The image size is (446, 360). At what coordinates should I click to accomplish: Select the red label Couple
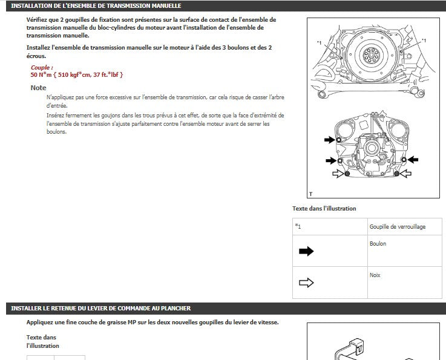[x=42, y=67]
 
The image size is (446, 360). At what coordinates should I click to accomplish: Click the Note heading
[x=38, y=88]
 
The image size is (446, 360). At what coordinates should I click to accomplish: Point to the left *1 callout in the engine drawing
[x=319, y=43]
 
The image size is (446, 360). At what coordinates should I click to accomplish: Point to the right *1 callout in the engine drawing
[x=424, y=41]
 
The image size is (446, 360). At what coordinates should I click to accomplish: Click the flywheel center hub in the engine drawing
[x=372, y=54]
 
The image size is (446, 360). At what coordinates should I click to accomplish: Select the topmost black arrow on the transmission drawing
[x=329, y=140]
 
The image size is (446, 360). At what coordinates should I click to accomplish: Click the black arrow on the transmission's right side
[x=413, y=160]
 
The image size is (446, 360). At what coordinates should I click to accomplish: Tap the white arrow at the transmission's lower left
[x=338, y=174]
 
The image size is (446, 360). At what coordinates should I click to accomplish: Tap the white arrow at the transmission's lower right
[x=406, y=174]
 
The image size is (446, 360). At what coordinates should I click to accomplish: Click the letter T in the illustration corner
[x=311, y=194]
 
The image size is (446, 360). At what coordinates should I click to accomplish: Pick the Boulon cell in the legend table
[x=405, y=251]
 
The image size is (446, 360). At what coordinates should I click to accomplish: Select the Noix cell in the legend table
[x=405, y=283]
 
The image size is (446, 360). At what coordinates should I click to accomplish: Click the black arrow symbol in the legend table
[x=306, y=251]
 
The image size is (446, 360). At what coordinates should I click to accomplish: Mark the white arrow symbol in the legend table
[x=306, y=283]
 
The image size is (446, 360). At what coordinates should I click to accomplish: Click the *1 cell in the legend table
[x=330, y=227]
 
